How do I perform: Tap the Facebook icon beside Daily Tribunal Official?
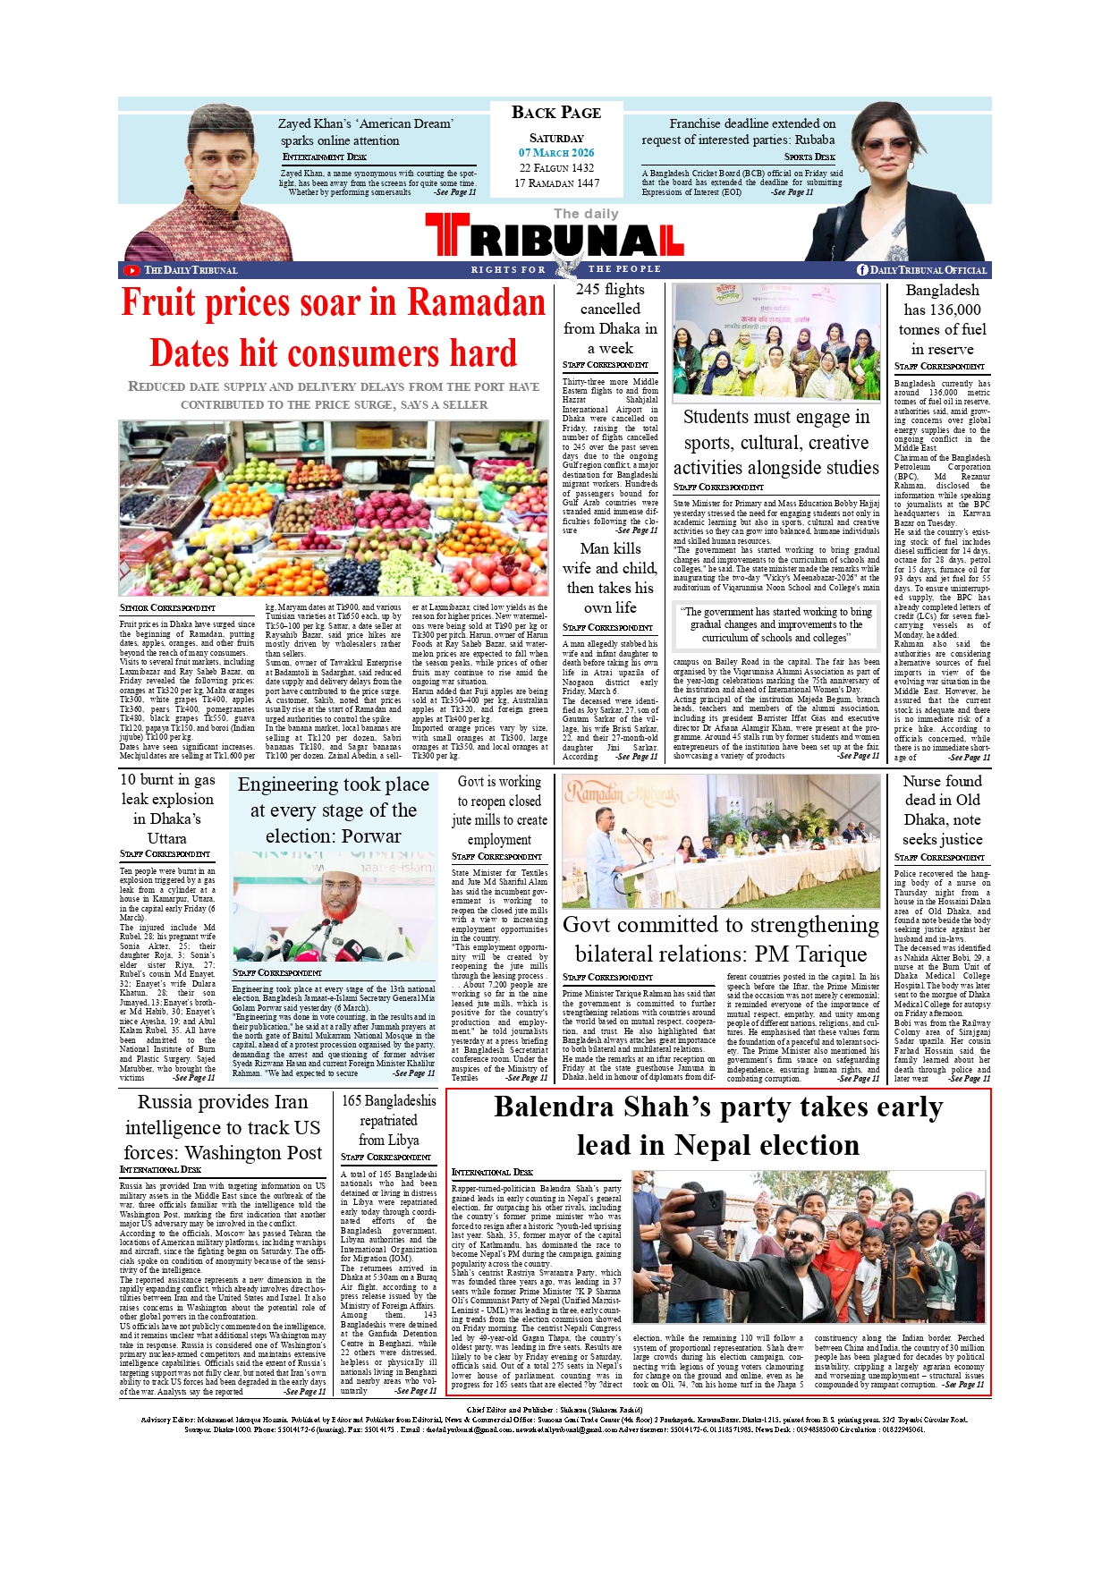click(862, 270)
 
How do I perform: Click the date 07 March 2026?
click(556, 153)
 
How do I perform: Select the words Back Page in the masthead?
click(556, 113)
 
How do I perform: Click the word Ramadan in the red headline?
click(476, 302)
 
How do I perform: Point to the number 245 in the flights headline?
click(588, 290)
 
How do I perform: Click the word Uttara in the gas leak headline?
click(167, 839)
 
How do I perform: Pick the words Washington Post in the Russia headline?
click(260, 1154)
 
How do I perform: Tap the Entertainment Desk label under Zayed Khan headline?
click(325, 157)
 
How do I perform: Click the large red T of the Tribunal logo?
click(446, 236)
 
